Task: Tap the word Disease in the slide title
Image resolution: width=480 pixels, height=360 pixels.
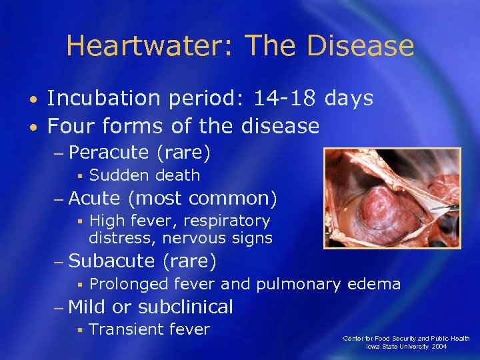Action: tap(361, 46)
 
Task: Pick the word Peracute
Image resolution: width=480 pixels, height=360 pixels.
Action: tap(108, 153)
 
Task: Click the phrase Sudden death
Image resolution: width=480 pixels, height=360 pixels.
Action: tap(145, 175)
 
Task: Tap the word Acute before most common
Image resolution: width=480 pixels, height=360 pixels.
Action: tap(94, 198)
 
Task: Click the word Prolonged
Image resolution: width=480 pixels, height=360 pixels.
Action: tap(129, 284)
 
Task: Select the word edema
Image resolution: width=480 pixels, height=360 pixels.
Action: tap(374, 284)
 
